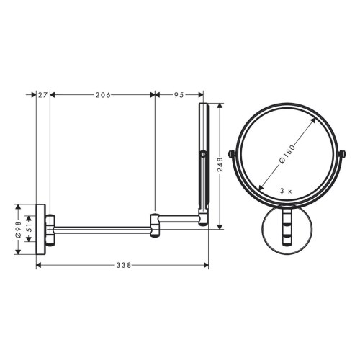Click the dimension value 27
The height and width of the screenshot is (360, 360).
pos(42,94)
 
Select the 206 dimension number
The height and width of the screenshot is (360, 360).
pos(102,94)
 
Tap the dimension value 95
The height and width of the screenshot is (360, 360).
pos(179,94)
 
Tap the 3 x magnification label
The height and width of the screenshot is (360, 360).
pos(285,191)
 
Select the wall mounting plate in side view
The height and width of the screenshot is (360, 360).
pos(42,229)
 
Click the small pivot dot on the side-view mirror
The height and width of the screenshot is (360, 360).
pos(204,155)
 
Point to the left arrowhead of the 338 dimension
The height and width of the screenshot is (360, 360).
pos(39,266)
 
